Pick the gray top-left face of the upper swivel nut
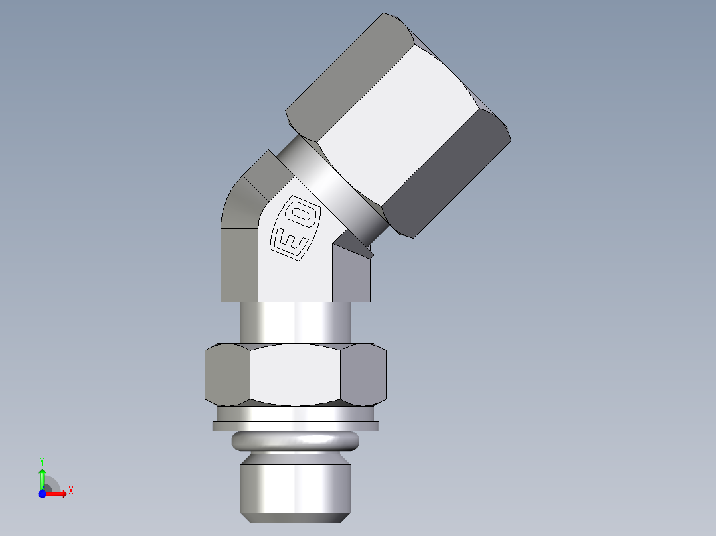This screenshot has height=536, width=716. tap(345, 73)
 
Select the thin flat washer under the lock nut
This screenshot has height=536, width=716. tap(296, 426)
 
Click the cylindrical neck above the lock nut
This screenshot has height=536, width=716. tap(296, 323)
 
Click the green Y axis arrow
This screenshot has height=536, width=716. tap(42, 475)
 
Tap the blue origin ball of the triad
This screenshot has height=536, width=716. tap(42, 494)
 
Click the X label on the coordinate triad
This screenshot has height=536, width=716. tap(71, 491)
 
